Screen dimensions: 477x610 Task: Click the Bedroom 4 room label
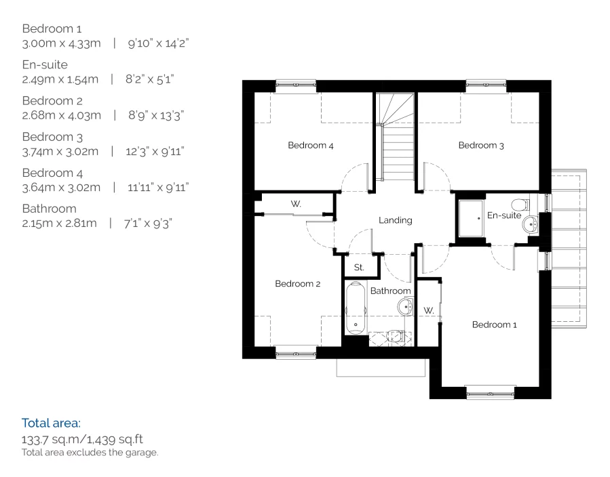click(310, 145)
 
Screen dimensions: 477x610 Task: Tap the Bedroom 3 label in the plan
click(481, 145)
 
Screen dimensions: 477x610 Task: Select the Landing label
click(395, 220)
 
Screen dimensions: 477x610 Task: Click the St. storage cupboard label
click(359, 268)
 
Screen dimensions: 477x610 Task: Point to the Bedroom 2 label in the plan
click(297, 284)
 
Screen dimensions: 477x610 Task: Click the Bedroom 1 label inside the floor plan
click(495, 325)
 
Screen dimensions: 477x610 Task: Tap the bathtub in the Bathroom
click(355, 310)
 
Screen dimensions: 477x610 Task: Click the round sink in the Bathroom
click(405, 307)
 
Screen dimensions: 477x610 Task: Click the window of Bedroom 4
click(296, 85)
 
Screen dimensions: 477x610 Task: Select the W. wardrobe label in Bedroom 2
click(296, 204)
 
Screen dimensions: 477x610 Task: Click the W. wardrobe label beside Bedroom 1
click(428, 310)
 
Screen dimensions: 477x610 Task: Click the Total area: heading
click(51, 423)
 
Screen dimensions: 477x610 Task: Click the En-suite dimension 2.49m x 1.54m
click(62, 79)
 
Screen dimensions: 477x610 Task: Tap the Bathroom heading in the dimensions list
click(49, 208)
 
